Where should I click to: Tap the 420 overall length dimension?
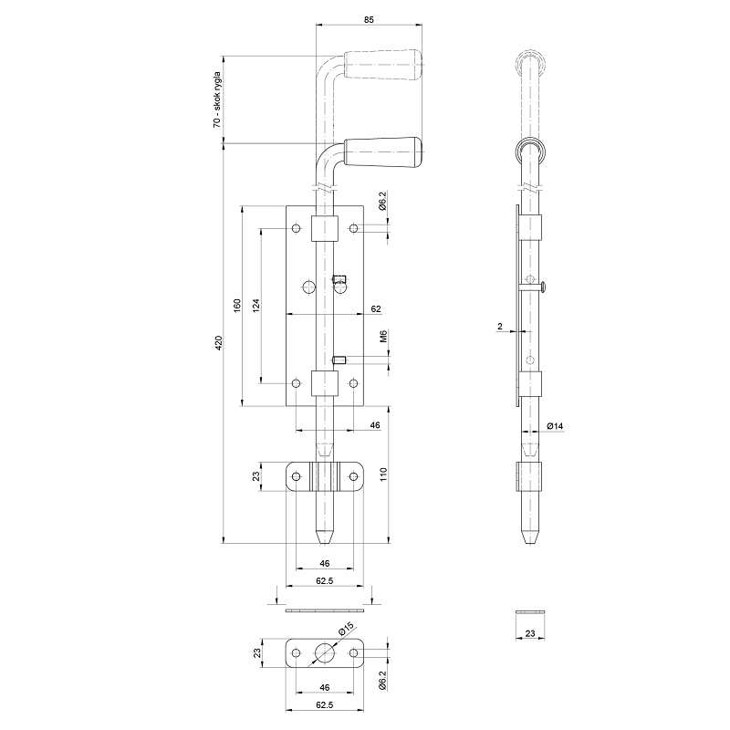tap(217, 343)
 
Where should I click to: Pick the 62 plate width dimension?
tap(375, 308)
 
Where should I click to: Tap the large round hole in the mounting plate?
tap(308, 288)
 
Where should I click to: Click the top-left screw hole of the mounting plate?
tap(297, 227)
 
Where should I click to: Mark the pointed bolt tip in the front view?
tap(324, 534)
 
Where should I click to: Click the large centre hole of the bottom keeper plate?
tap(324, 652)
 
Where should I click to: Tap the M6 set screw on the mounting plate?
tap(339, 360)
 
